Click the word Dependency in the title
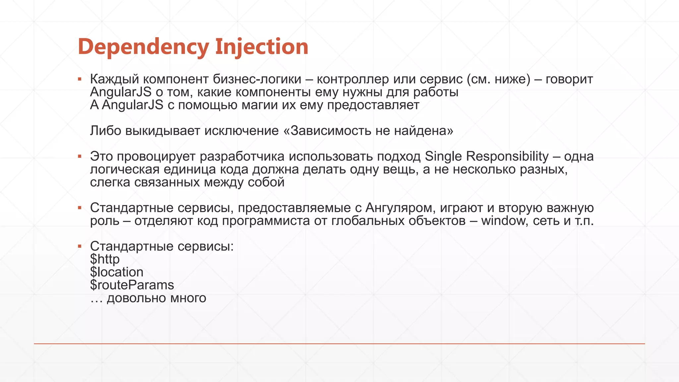[143, 47]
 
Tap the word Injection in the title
[262, 47]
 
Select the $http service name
[105, 259]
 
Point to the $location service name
[117, 272]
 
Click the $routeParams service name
[132, 285]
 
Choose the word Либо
[106, 131]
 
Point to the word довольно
[137, 298]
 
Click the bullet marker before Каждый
[80, 79]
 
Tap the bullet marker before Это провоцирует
[80, 156]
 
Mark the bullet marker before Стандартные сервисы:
[80, 246]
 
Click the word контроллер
[353, 79]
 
